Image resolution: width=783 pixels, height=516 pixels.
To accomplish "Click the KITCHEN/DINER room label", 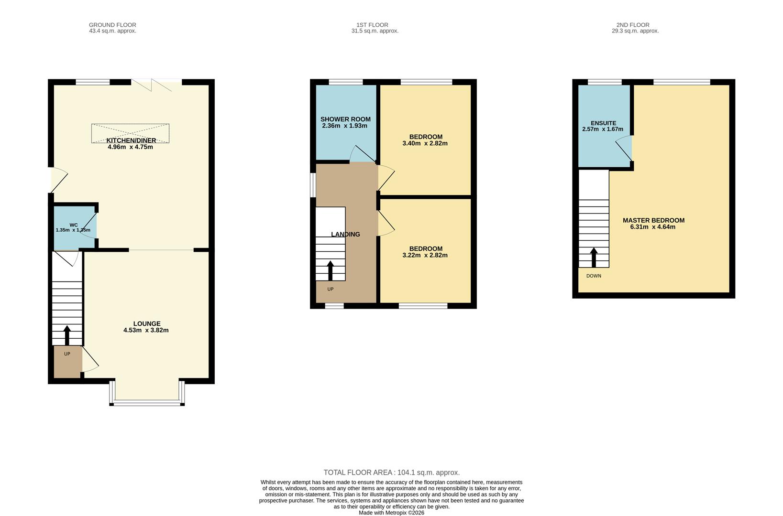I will (131, 140).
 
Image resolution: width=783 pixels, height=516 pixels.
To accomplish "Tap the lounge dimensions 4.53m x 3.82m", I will (146, 330).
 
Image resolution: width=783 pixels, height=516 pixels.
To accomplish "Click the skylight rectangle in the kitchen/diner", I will (130, 133).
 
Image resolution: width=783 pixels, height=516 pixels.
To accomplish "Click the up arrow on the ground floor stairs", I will (67, 335).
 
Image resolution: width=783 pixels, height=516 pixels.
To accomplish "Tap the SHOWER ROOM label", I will (345, 119).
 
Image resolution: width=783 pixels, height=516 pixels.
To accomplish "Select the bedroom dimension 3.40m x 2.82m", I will (425, 143).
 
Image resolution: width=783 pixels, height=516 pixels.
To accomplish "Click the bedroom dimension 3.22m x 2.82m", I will (425, 255).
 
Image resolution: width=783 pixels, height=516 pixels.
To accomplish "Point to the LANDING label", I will (345, 234).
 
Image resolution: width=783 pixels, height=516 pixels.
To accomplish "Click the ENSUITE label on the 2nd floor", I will (603, 123).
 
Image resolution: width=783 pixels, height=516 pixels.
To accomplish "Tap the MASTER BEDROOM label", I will (653, 220).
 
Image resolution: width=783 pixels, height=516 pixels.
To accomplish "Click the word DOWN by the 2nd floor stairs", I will (594, 276).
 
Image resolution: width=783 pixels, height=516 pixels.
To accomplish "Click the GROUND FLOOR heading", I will (112, 25).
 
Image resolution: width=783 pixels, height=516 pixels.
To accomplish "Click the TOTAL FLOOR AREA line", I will (391, 473).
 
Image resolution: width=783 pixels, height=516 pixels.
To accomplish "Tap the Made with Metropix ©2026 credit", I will (391, 513).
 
